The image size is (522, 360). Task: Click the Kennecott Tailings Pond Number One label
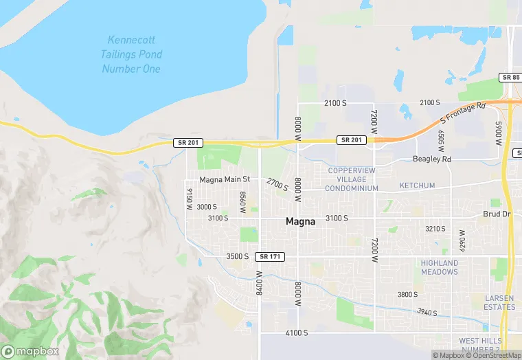pos(131,54)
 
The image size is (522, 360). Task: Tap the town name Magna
pos(301,222)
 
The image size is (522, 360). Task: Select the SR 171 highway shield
pos(269,256)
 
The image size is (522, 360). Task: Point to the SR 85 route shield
pos(510,78)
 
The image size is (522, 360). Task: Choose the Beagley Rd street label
pos(431,159)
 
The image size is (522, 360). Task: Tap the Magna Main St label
pos(224,179)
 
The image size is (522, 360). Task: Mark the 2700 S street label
pos(277,184)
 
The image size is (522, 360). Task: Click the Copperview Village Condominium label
pos(352,179)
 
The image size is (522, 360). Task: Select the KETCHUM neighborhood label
pos(418,186)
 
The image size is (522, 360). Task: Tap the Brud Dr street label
pos(497,214)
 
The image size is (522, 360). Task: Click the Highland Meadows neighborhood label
pos(440,267)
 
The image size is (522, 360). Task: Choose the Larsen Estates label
pos(499,302)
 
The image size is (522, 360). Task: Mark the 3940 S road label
pos(427,313)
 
